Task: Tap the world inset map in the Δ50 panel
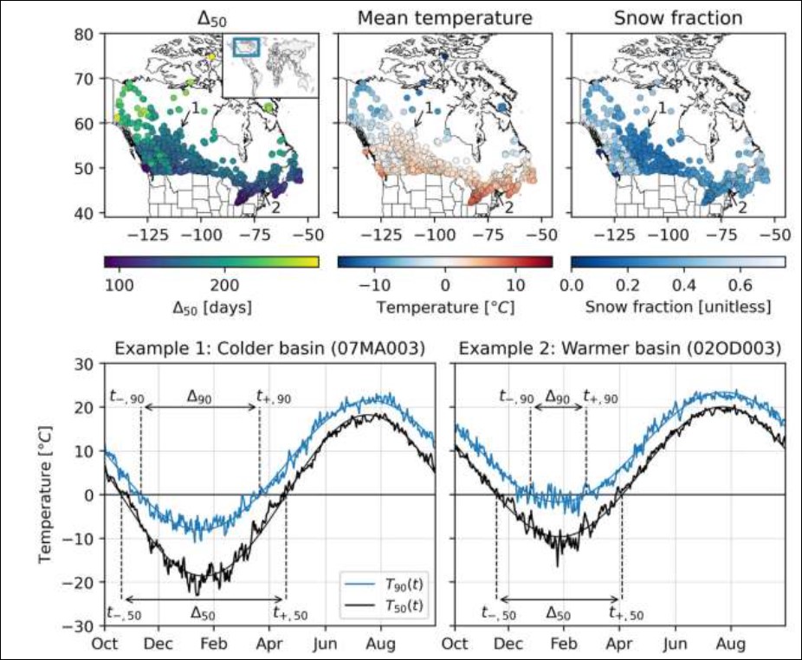pyautogui.click(x=271, y=64)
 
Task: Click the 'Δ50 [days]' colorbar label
pyautogui.click(x=210, y=307)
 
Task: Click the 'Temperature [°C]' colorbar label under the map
pyautogui.click(x=444, y=307)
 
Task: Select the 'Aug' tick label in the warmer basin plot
pyautogui.click(x=731, y=644)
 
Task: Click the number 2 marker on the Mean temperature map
pyautogui.click(x=509, y=207)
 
